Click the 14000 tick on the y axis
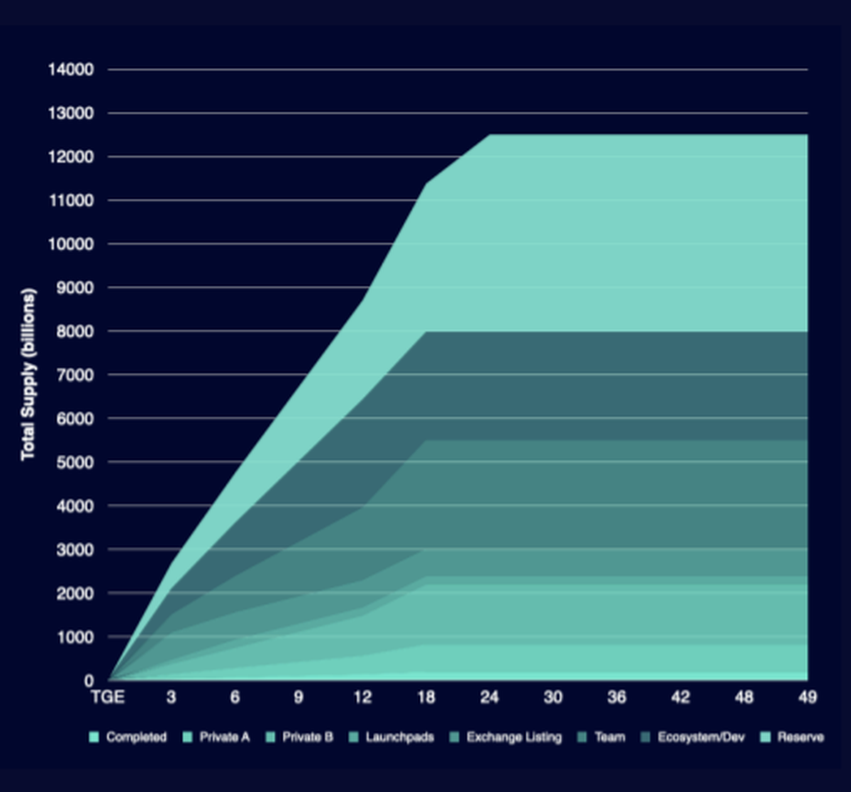71,69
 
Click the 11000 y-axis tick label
71,201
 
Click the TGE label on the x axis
108,698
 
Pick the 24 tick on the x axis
489,698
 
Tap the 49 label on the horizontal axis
807,698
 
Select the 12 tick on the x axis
362,698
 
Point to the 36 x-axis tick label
616,698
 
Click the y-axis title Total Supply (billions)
28,374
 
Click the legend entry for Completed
136,737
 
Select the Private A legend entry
224,737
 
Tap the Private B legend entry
307,737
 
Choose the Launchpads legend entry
399,737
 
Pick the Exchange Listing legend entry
513,737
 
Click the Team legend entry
610,737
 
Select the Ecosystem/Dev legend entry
701,737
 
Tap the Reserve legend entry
800,737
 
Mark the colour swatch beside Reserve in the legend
764,737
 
